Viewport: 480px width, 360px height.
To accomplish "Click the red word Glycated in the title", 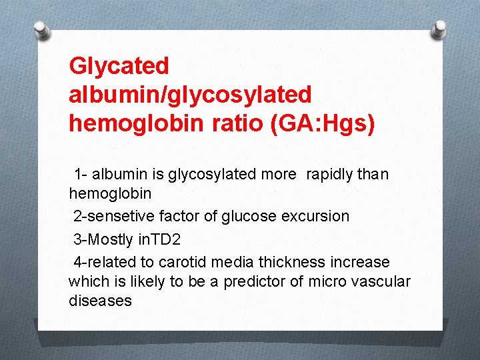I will (x=119, y=66).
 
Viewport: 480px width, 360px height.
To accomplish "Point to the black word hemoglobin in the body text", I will (x=110, y=193).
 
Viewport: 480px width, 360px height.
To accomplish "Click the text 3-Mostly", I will (x=100, y=239).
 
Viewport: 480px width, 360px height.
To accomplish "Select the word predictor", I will (x=254, y=281).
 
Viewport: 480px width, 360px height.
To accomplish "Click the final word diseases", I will (x=100, y=301).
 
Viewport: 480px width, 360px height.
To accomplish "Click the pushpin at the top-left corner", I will (x=42, y=30).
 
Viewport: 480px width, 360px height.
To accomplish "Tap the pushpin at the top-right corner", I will (x=439, y=29).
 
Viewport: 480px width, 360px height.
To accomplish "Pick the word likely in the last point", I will (x=132, y=281).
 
